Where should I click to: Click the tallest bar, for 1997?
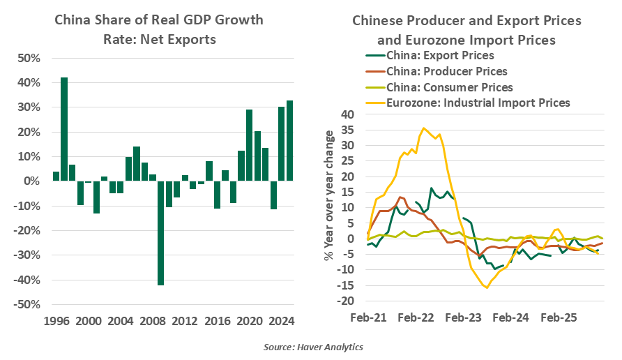(64, 129)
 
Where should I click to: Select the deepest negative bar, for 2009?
(160, 233)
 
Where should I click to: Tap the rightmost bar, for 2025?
(290, 141)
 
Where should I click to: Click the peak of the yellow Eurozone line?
(423, 128)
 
